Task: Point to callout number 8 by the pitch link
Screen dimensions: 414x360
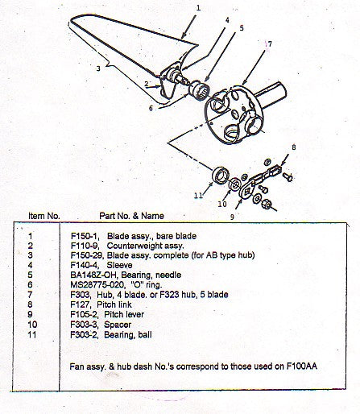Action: click(294, 147)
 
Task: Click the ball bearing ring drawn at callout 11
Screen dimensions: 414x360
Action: click(218, 176)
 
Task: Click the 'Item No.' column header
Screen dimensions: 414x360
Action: click(44, 217)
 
